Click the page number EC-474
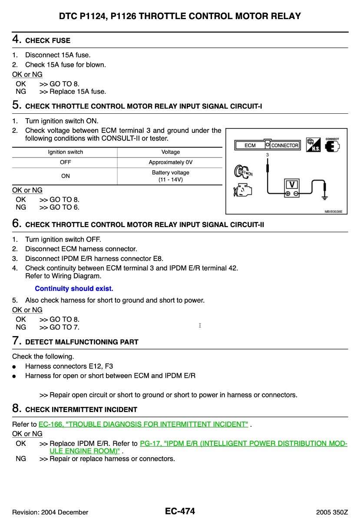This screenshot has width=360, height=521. click(x=180, y=511)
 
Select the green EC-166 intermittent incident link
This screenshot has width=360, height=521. click(x=143, y=424)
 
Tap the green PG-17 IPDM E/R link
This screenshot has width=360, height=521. click(x=243, y=444)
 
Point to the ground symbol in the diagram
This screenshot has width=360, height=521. click(x=324, y=196)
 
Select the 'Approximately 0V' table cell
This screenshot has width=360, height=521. click(x=170, y=162)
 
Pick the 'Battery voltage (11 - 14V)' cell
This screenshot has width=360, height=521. click(x=170, y=176)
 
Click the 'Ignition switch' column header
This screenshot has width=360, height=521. click(x=65, y=152)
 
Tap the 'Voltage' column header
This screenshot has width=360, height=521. click(x=170, y=152)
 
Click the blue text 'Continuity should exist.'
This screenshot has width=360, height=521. click(x=74, y=289)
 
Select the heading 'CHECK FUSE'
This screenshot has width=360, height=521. click(x=48, y=40)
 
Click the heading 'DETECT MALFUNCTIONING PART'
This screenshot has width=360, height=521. click(x=82, y=342)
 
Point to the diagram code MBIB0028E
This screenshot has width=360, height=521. click(x=333, y=211)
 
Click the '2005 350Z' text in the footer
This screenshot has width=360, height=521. click(x=332, y=512)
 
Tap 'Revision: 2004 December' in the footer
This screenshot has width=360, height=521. click(x=50, y=512)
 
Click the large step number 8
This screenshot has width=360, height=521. click(x=16, y=409)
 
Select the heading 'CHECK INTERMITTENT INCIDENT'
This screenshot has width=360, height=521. click(x=81, y=409)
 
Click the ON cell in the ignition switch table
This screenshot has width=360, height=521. click(x=65, y=176)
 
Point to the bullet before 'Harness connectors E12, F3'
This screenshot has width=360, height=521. click(x=15, y=366)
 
